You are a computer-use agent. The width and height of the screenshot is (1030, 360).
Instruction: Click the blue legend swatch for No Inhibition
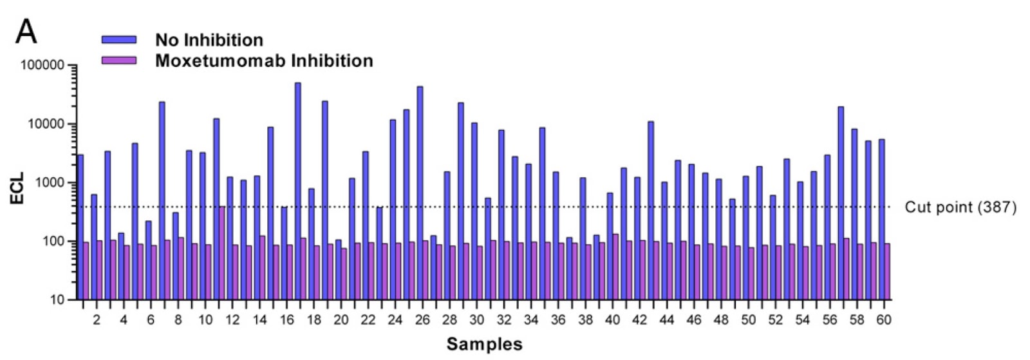pos(119,40)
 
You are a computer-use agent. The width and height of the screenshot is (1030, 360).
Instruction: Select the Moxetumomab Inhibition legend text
pos(264,61)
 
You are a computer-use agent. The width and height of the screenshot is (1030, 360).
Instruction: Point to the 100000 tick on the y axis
pos(43,66)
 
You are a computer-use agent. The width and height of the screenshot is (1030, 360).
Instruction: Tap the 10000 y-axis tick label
pos(46,124)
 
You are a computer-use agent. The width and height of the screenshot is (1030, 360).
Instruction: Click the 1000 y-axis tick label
pos(50,183)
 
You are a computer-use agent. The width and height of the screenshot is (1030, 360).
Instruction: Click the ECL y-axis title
pos(17,187)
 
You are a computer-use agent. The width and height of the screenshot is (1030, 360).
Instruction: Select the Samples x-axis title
pos(484,344)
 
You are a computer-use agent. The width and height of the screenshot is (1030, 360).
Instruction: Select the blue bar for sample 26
pos(420,193)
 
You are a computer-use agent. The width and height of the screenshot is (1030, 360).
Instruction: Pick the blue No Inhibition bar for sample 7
pos(162,200)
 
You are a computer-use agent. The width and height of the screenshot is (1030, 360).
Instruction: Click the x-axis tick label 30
pos(477,320)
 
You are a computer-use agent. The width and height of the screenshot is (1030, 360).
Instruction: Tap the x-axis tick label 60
pos(884,320)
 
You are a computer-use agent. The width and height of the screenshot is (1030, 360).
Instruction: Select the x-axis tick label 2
pos(97,320)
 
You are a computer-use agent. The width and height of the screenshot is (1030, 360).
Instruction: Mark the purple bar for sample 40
pos(615,267)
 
